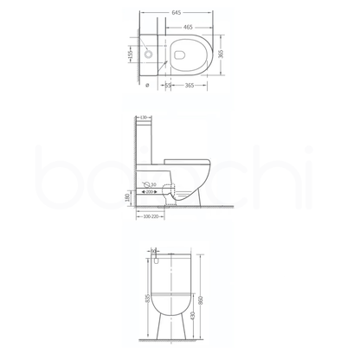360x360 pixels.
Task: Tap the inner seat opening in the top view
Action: [x=185, y=54]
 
